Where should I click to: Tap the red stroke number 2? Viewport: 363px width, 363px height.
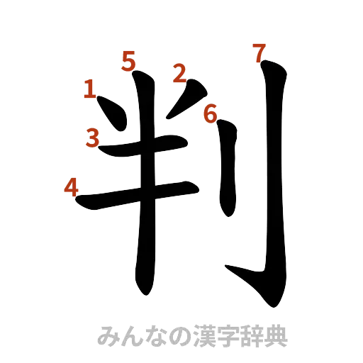179,73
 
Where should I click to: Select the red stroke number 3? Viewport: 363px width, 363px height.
92,136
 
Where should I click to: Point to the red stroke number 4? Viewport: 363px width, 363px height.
71,187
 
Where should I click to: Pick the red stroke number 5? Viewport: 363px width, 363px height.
128,62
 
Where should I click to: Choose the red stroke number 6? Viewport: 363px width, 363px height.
210,113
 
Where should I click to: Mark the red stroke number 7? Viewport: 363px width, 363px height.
259,52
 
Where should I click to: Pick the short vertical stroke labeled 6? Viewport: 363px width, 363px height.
226,170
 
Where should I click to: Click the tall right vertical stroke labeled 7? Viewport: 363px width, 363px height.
273,177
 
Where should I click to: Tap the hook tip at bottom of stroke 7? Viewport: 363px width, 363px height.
234,271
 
